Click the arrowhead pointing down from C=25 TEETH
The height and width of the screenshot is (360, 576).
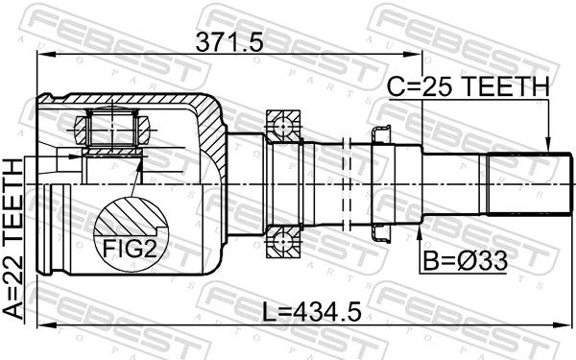[x=546, y=145]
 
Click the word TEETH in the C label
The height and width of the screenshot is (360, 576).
[x=509, y=88]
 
